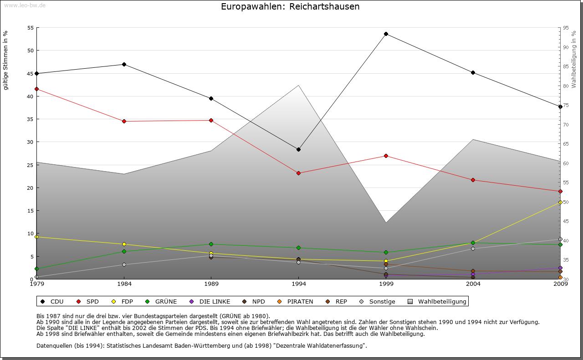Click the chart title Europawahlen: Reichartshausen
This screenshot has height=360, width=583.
(290, 7)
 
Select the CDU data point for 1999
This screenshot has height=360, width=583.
(386, 34)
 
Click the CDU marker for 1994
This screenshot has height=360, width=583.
(298, 149)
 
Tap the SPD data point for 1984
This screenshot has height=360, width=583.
(124, 121)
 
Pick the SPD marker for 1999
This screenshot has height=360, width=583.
(386, 156)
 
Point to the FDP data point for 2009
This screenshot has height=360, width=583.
(560, 202)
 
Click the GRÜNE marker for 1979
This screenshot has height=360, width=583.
(36, 269)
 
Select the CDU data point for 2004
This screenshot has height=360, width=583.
(473, 72)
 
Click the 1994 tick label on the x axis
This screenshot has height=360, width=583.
(298, 284)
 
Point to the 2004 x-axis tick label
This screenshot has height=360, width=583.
(473, 284)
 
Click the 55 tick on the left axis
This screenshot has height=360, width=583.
(31, 28)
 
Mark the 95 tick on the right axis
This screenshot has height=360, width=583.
(566, 28)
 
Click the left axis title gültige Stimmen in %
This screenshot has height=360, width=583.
(5, 60)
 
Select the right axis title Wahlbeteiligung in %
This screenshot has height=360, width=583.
(573, 59)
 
